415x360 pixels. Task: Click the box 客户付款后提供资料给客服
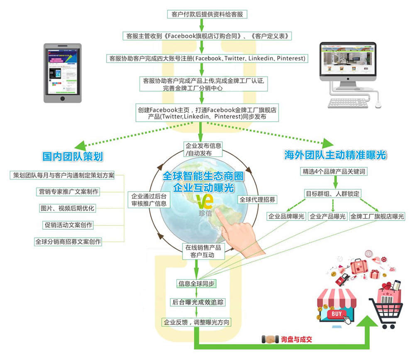pos(203,14)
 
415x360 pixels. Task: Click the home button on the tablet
pos(63,98)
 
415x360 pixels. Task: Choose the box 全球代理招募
pos(257,199)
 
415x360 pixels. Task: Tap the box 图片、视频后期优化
pos(67,208)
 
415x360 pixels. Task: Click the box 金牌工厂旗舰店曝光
pos(377,216)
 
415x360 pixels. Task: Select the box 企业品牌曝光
pos(286,216)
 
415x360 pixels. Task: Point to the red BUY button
pos(337,314)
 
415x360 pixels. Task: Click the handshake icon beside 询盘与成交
pos(270,339)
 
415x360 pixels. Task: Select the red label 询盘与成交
pos(296,339)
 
